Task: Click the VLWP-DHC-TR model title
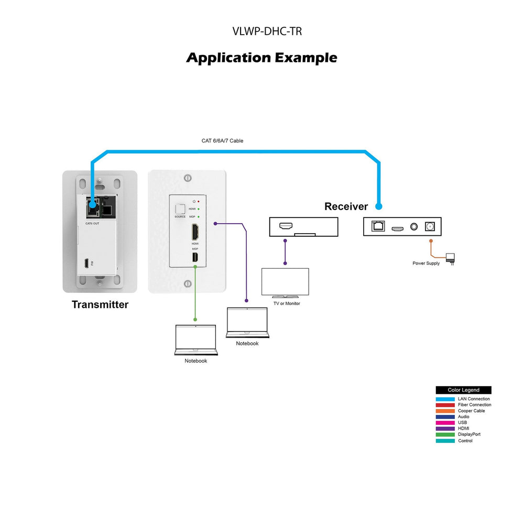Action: point(267,31)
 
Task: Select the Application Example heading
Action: point(261,58)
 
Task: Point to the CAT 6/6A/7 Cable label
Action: point(222,141)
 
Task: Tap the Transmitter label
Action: point(100,304)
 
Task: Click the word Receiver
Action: point(346,206)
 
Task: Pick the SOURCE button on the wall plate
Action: point(180,209)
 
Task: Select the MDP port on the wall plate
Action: point(195,258)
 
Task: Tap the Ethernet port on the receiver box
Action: point(377,226)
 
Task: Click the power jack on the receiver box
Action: point(430,226)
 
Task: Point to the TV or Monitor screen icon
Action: point(285,282)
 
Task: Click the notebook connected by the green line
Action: point(195,340)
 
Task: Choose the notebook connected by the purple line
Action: point(247,322)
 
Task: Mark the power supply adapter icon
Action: point(450,258)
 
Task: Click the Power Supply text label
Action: point(426,263)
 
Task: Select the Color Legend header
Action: point(463,390)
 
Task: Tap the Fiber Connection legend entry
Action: point(474,405)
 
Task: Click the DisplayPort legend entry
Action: point(469,434)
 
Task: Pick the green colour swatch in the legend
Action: point(445,434)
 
